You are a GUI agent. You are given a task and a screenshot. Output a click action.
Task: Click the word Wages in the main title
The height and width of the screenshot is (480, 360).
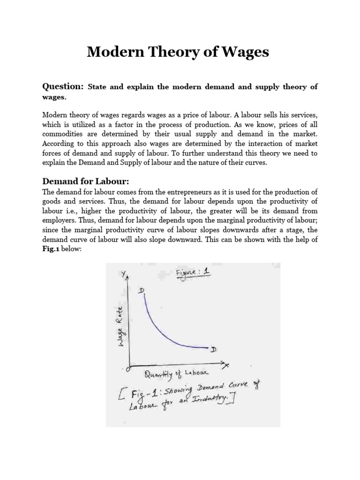(245, 52)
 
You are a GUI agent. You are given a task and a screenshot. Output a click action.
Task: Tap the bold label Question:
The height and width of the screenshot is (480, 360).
(63, 87)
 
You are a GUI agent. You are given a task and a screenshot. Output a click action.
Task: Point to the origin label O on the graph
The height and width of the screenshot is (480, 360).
(127, 369)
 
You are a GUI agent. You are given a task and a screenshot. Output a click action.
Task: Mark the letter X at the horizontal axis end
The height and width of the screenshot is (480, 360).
(226, 365)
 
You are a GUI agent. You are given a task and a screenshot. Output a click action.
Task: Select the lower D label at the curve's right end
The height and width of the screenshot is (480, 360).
(214, 350)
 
